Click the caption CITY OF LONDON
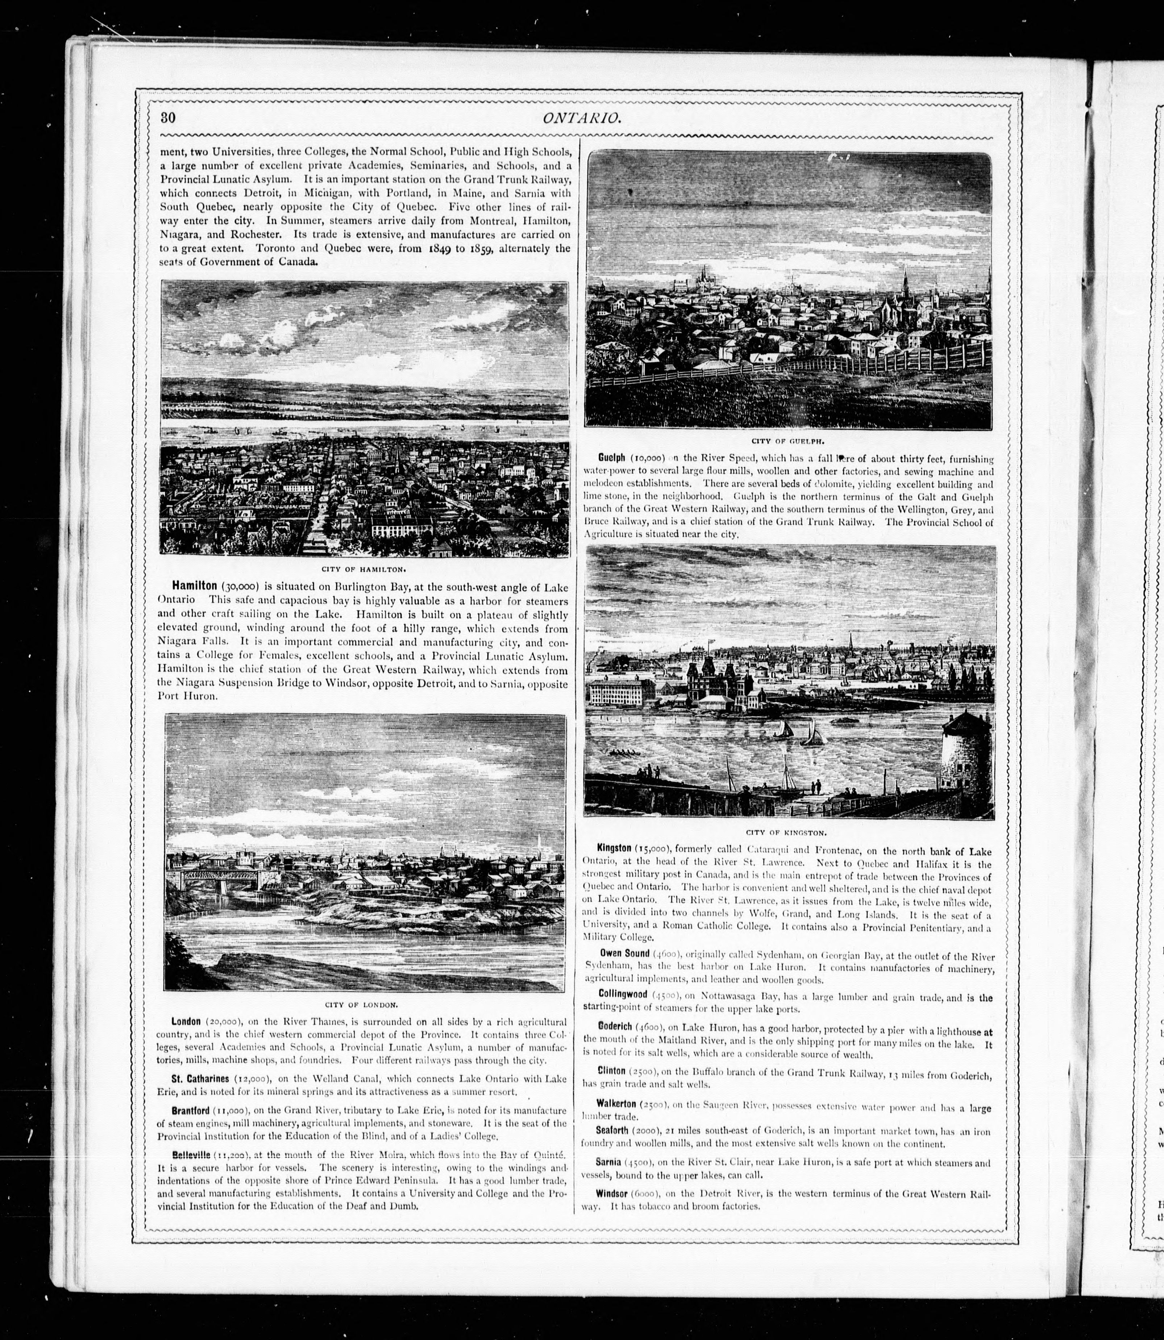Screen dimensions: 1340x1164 [365, 1005]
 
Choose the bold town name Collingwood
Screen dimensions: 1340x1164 [622, 995]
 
